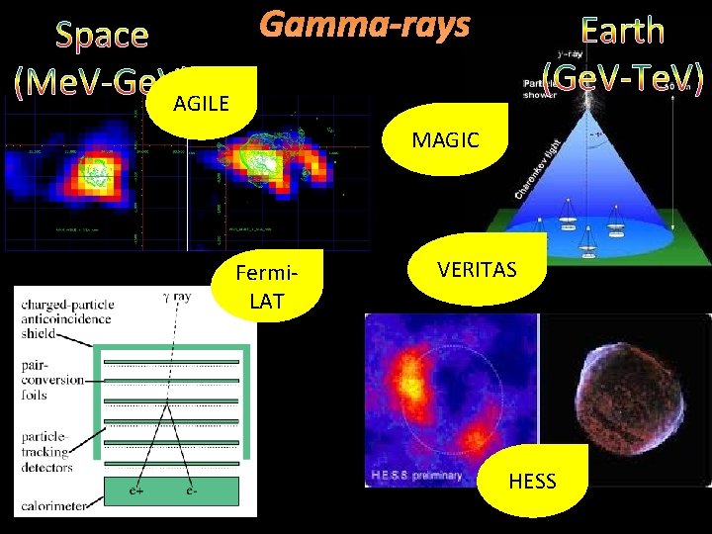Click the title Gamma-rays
coord(364,26)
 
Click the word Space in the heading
coord(102,36)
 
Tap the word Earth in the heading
coord(622,31)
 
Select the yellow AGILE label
coord(201,102)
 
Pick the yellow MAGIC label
coord(445,140)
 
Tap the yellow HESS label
coord(532,482)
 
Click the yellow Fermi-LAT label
coord(266,287)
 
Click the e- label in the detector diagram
coord(189,489)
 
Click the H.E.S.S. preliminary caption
coord(416,476)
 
